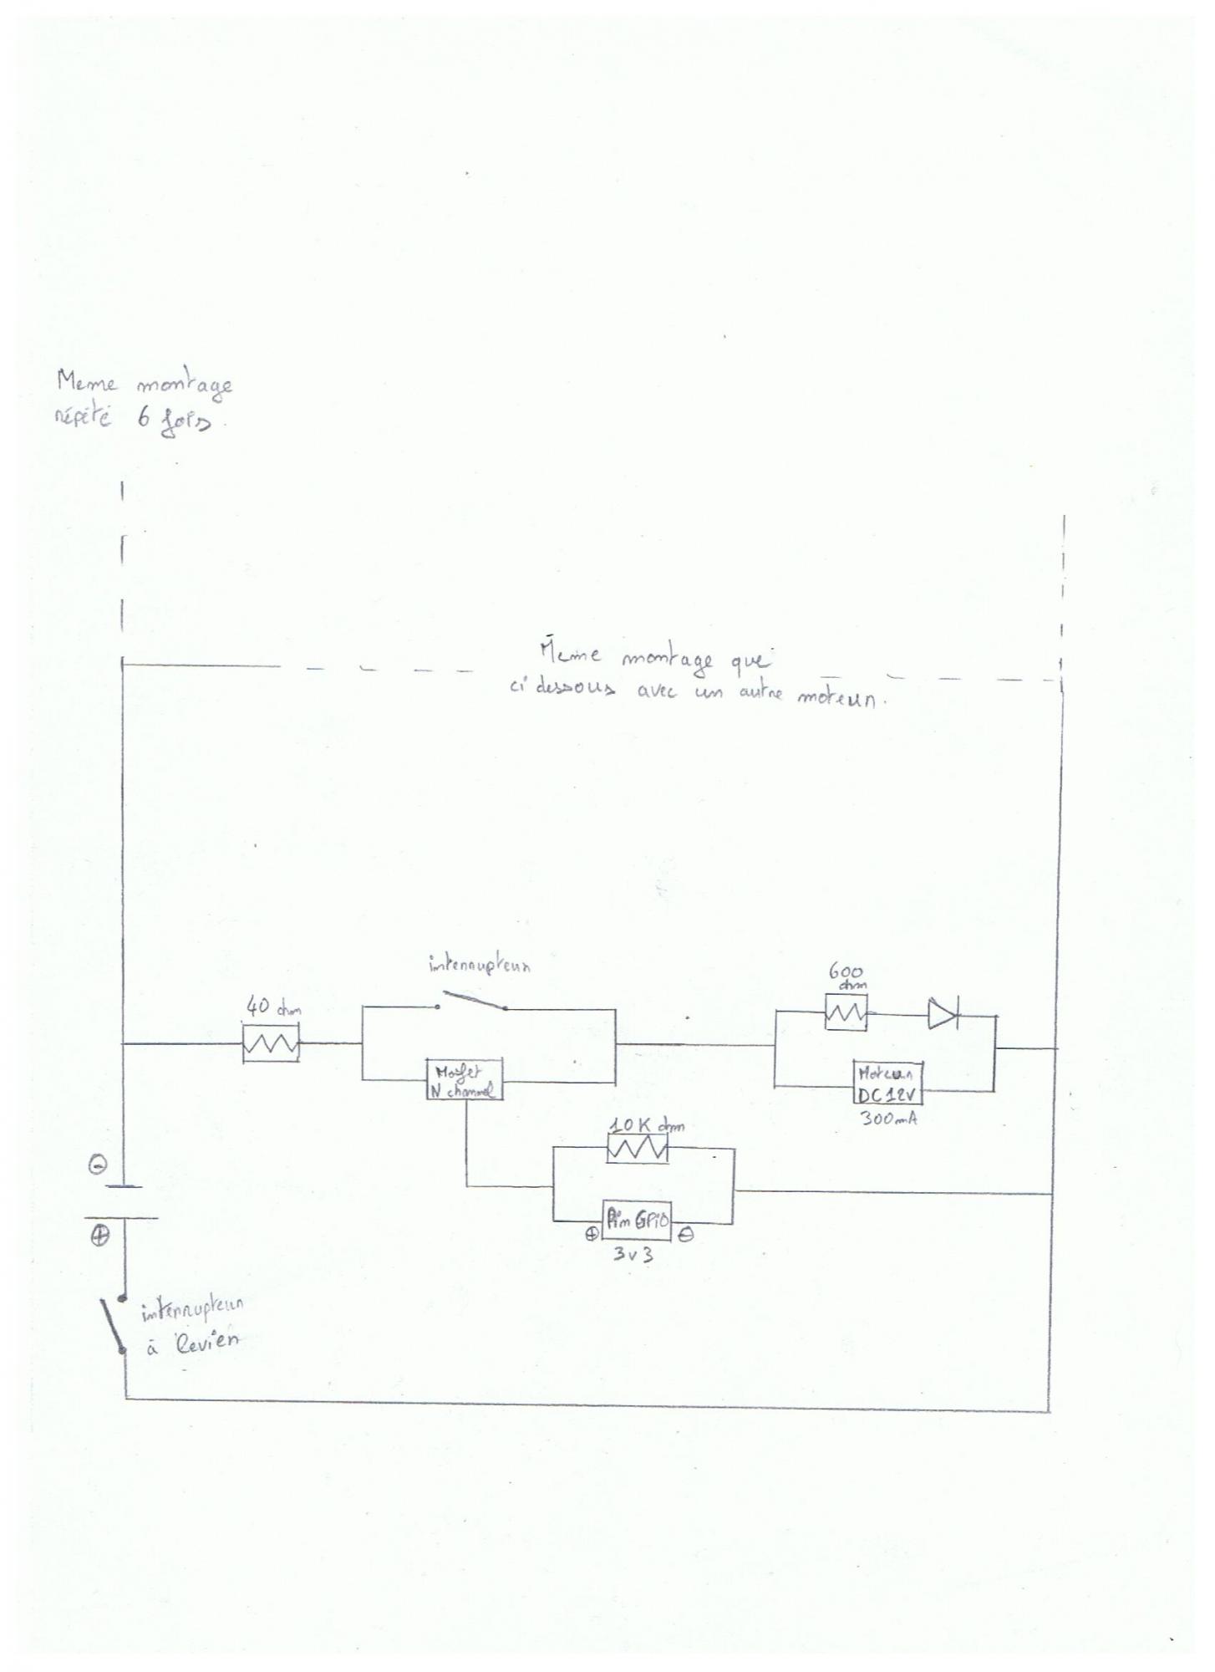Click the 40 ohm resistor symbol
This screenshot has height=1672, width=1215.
click(271, 1045)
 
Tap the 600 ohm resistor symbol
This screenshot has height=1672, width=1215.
click(846, 1013)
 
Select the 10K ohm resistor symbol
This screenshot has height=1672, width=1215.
click(637, 1150)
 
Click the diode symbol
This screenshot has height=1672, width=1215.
click(943, 1015)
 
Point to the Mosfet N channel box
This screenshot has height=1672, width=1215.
click(464, 1079)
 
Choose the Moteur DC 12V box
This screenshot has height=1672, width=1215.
click(887, 1083)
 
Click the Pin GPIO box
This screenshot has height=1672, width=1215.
click(637, 1221)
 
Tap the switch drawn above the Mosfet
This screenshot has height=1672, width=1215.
click(472, 1001)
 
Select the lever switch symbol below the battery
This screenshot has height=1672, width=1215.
click(112, 1323)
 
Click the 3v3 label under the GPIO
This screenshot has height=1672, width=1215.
click(633, 1254)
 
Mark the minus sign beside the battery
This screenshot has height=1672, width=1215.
click(98, 1165)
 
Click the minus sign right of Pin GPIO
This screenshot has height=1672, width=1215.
click(685, 1236)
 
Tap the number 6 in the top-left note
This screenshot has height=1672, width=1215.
click(145, 419)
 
